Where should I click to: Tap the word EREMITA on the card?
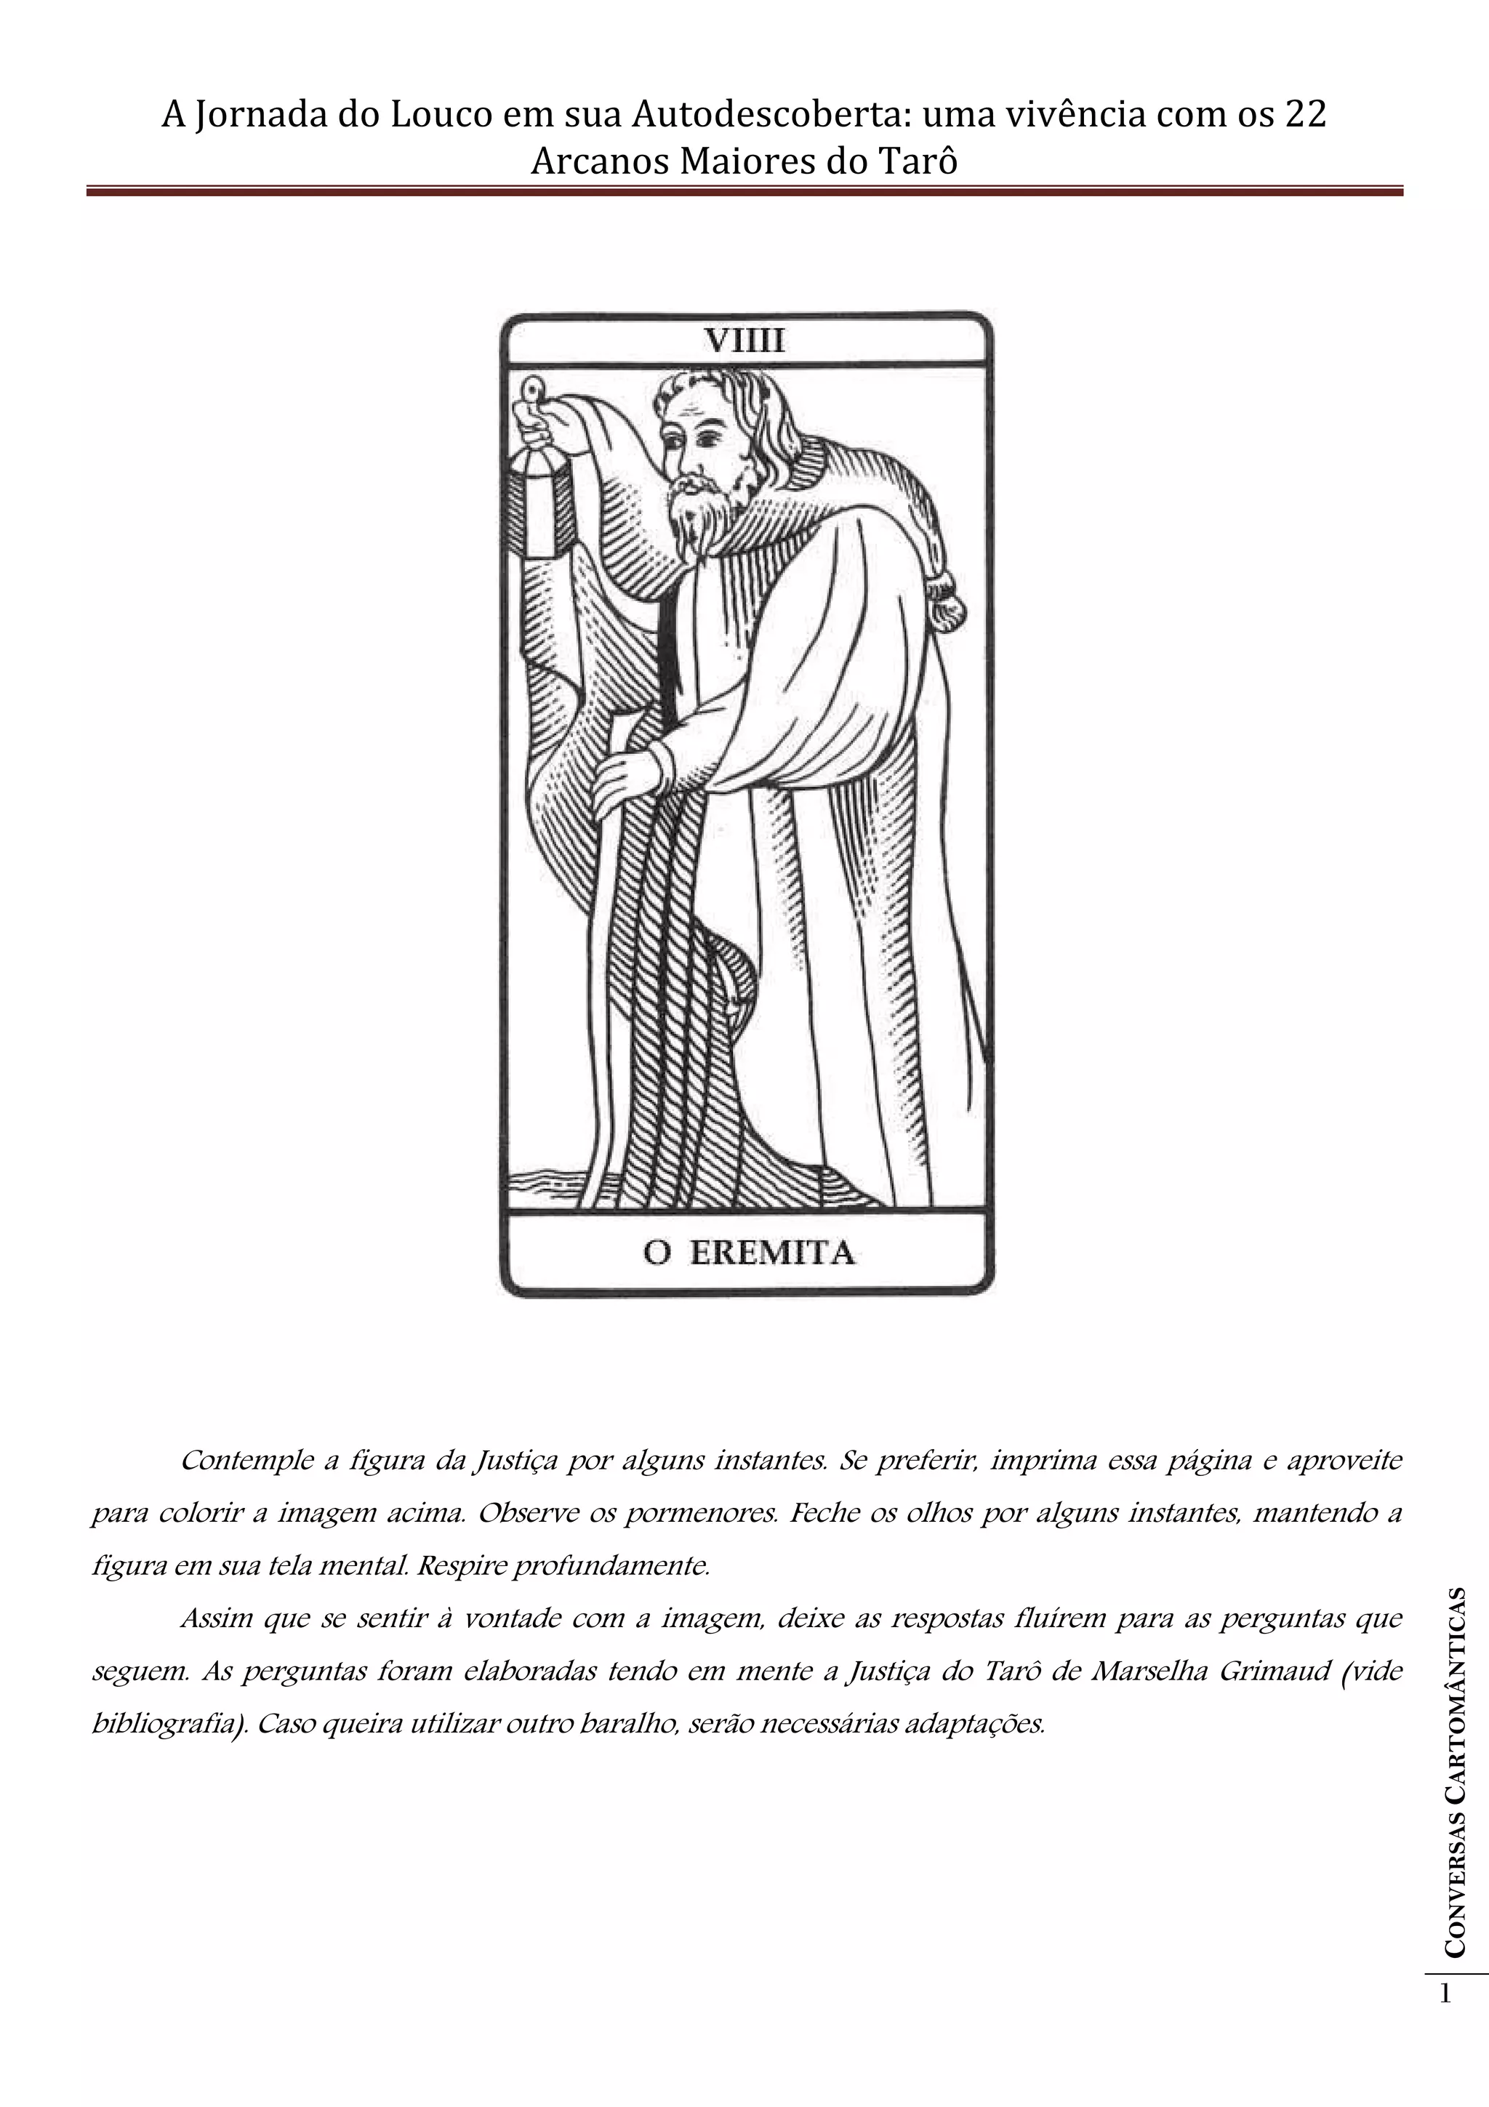pyautogui.click(x=771, y=1253)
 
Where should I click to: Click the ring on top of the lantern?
pyautogui.click(x=532, y=389)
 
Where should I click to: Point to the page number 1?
pyautogui.click(x=1447, y=1993)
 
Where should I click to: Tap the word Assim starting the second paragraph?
pyautogui.click(x=216, y=1618)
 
